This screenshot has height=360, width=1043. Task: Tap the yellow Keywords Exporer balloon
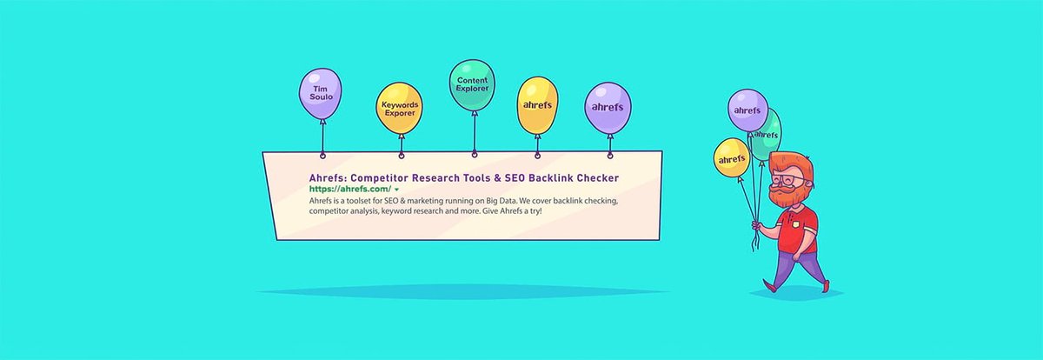(400, 109)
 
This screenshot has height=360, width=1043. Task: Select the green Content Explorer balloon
(474, 85)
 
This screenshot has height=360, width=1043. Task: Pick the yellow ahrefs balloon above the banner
(537, 104)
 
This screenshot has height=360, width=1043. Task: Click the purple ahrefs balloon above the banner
(608, 107)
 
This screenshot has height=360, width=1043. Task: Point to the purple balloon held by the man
(747, 110)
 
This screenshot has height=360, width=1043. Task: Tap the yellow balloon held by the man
(732, 159)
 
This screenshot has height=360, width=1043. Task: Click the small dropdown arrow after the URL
(397, 190)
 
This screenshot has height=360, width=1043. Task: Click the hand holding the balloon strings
(760, 228)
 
